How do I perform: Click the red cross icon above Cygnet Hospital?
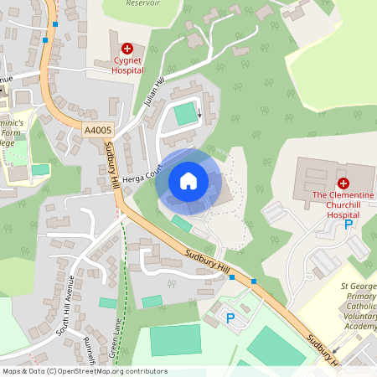coord(127,49)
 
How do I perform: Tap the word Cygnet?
coord(128,61)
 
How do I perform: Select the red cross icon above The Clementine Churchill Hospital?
coord(343,183)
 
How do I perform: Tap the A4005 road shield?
coord(97,128)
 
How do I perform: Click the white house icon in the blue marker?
coord(188,181)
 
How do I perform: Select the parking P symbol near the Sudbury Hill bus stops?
coord(232,318)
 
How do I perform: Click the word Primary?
coord(360,297)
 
